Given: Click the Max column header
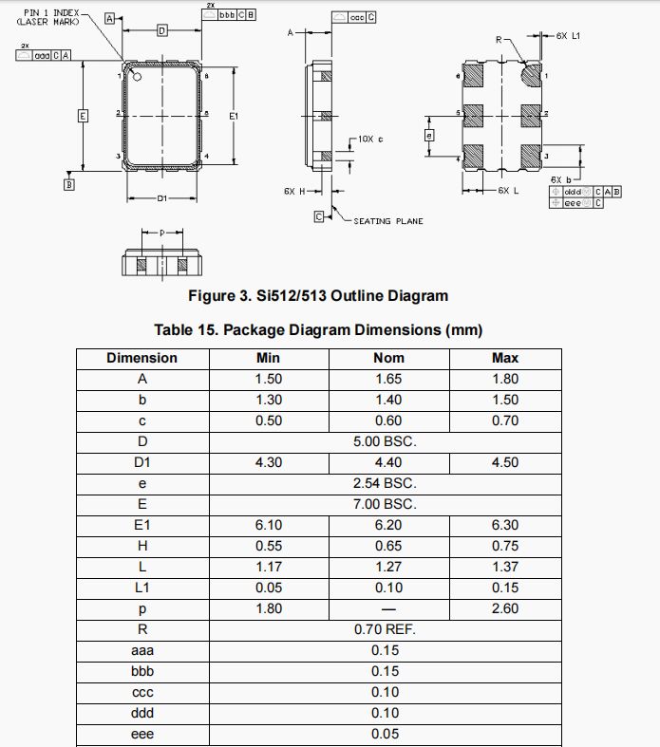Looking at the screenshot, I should (x=504, y=358).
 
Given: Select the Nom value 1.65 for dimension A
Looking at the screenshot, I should (x=388, y=379).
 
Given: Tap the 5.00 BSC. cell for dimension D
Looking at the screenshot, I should (x=385, y=441).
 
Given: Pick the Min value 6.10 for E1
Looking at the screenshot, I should (x=269, y=525).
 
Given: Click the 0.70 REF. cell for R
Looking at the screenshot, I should (x=385, y=629).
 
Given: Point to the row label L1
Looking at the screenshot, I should (x=141, y=588).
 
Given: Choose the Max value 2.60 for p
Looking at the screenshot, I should (x=504, y=608).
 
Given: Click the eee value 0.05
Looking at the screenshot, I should (x=385, y=734).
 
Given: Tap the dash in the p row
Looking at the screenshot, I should (x=388, y=608).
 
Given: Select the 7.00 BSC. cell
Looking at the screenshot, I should (x=385, y=504).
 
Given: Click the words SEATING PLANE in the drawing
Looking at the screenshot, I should (x=388, y=221).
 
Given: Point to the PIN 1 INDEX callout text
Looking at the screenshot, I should (x=53, y=12).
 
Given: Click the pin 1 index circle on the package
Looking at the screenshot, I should (x=138, y=77).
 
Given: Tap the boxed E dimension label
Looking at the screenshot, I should (x=83, y=116).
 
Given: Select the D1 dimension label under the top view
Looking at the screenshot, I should (x=161, y=198).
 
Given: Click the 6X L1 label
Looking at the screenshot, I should (x=569, y=35).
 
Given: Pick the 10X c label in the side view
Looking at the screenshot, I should (x=369, y=140).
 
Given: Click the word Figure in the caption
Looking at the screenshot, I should (x=212, y=296).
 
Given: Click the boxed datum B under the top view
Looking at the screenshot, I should (x=68, y=185).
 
